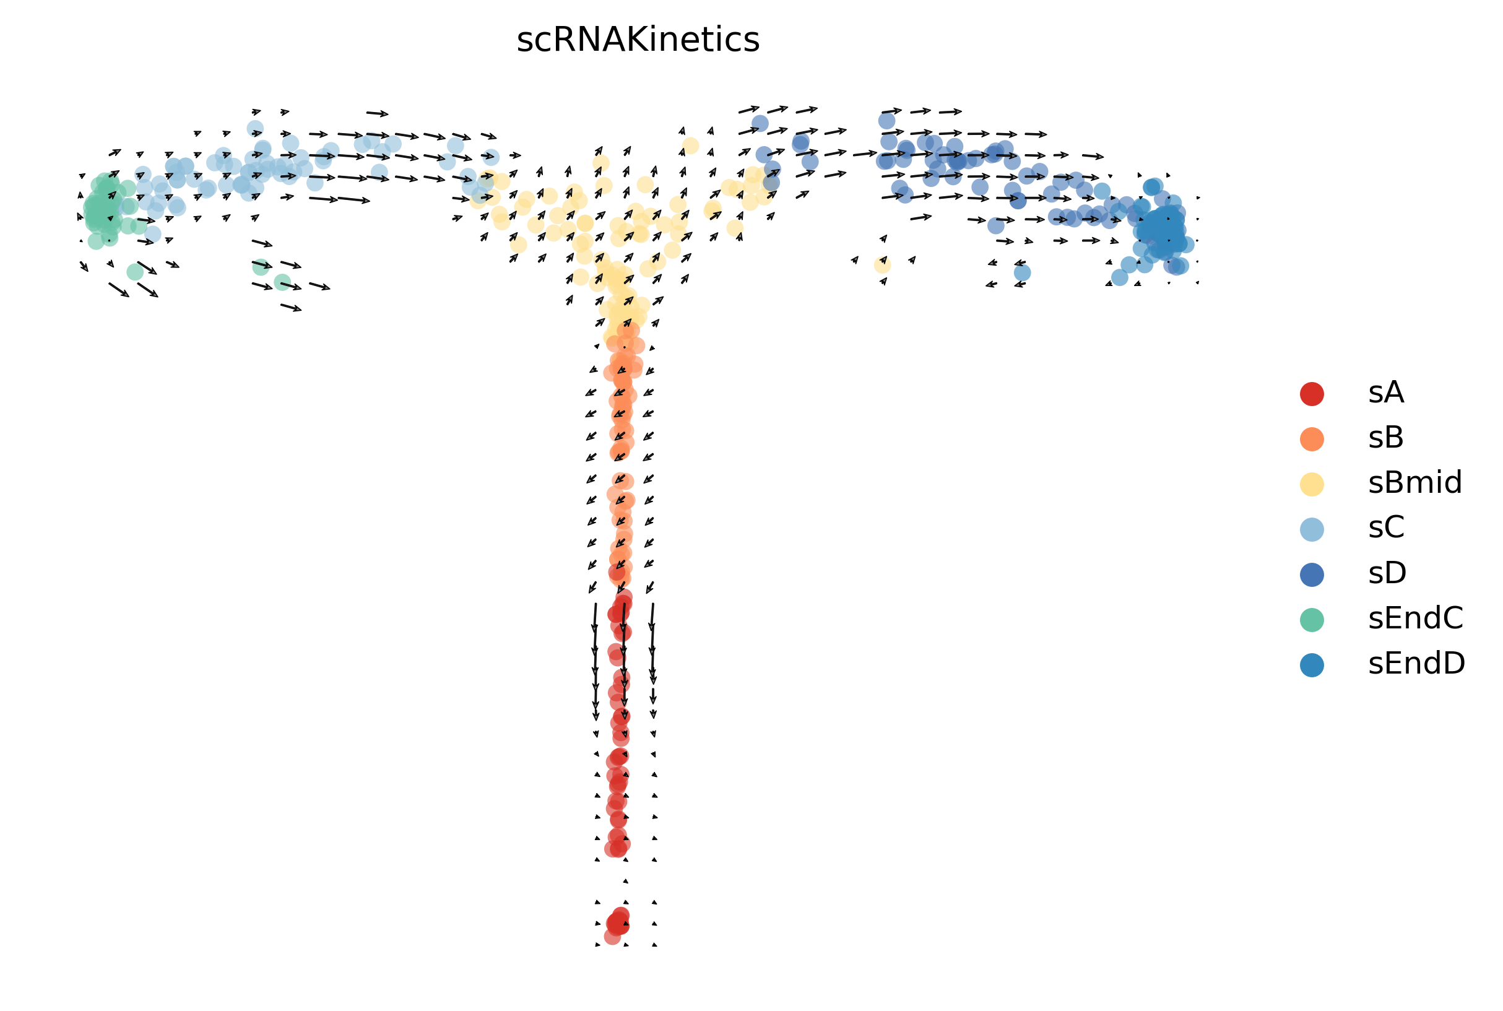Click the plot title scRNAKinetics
point(638,41)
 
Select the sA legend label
point(1386,393)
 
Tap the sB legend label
point(1386,438)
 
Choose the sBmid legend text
point(1414,483)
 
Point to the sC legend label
point(1386,528)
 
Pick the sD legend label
point(1387,573)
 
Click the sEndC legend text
point(1415,618)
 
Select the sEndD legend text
point(1416,664)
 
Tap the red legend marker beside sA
point(1312,393)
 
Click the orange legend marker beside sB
point(1312,438)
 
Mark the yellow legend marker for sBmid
point(1312,484)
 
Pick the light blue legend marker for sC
point(1312,529)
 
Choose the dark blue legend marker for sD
point(1312,574)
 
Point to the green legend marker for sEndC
point(1312,619)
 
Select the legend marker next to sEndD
point(1312,664)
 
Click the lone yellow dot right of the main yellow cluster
point(882,264)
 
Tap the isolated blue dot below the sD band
point(1022,272)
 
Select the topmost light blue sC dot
point(255,128)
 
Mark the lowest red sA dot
point(613,936)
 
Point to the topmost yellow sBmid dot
point(690,145)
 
